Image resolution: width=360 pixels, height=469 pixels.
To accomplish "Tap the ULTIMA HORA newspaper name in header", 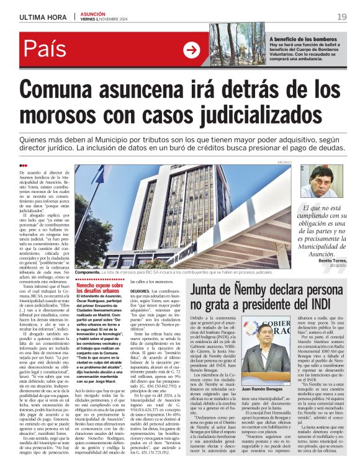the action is click(43, 17).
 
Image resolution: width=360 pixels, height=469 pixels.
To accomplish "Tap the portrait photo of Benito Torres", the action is click(322, 181).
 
